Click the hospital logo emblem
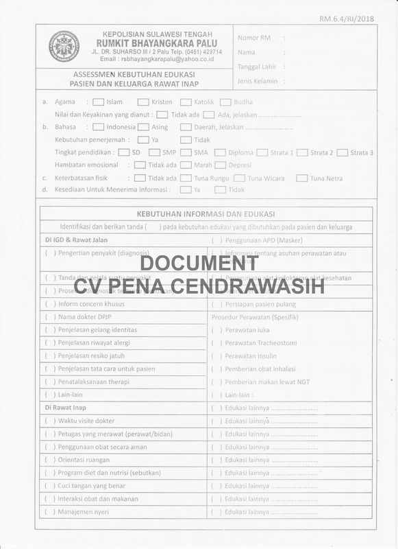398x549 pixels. pyautogui.click(x=64, y=46)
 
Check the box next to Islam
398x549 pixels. pyautogui.click(x=99, y=102)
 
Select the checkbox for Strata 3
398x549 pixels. pyautogui.click(x=343, y=152)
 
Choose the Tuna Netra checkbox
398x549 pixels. pyautogui.click(x=301, y=178)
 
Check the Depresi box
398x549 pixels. pyautogui.click(x=220, y=165)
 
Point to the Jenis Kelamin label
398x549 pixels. pyautogui.click(x=257, y=81)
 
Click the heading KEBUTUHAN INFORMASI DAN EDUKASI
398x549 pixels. pyautogui.click(x=206, y=213)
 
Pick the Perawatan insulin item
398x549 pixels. pyautogui.click(x=251, y=356)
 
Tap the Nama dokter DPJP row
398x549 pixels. pyautogui.click(x=87, y=317)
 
